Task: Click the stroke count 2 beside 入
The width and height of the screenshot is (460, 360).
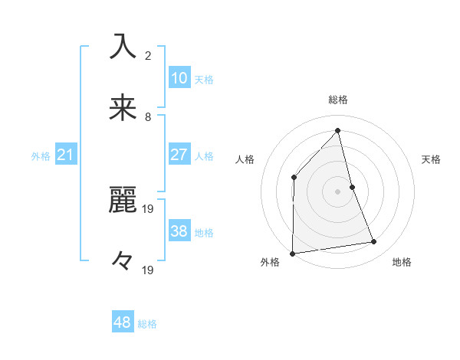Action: point(148,56)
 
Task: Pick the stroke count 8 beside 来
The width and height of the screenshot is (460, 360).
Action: point(148,116)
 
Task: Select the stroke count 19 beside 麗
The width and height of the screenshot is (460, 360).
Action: point(149,209)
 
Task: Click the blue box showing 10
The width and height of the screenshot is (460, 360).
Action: point(179,78)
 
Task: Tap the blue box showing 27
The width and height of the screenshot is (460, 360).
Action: point(179,155)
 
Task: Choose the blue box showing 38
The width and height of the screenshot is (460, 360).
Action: point(179,231)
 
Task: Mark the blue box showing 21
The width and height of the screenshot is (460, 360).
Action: point(66,155)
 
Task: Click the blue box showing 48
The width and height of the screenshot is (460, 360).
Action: point(123,322)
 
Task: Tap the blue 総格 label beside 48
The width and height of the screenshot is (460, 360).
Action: point(147,324)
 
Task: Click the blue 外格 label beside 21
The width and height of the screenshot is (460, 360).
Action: point(41,156)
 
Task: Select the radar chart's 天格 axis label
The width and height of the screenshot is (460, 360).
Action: point(432,159)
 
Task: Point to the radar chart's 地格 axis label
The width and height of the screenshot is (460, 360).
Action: point(402,262)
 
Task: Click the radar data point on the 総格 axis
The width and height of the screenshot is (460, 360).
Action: point(337,130)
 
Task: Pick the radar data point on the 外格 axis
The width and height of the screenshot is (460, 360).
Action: point(293,253)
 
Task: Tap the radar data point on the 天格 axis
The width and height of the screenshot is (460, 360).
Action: point(352,186)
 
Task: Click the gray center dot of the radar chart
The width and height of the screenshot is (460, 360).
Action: point(337,191)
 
